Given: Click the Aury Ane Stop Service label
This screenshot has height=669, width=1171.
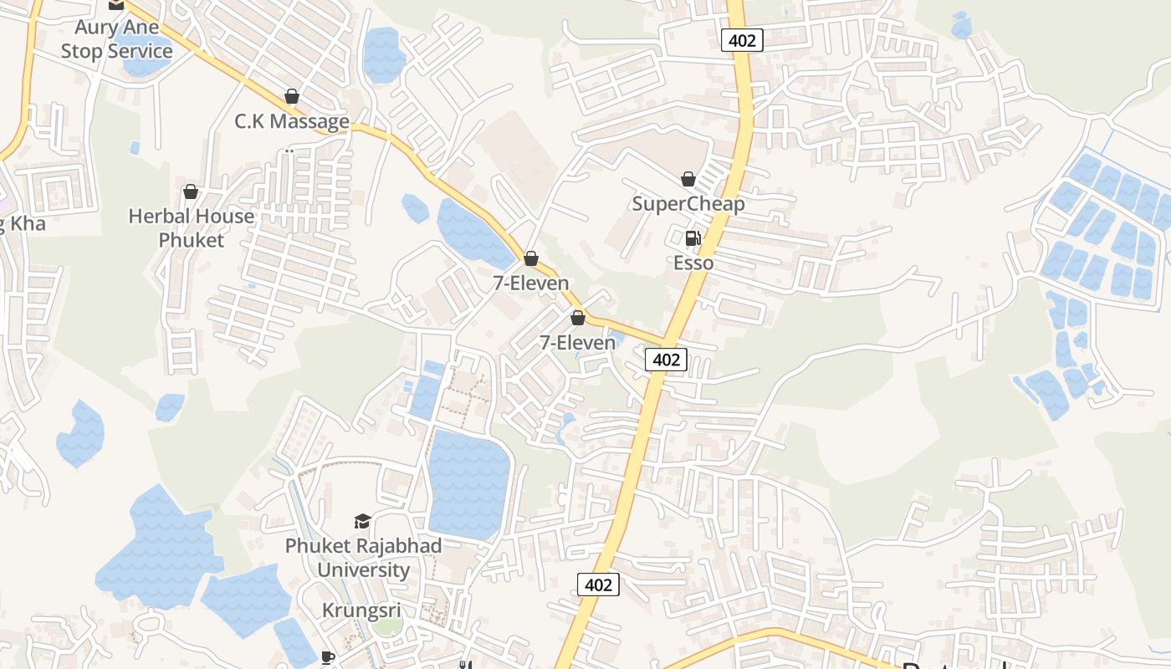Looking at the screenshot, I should (116, 38).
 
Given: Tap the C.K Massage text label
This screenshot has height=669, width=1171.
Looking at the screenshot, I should (291, 121).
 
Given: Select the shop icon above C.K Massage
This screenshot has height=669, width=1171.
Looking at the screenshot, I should (292, 96).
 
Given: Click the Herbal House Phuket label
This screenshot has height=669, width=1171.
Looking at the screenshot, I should (191, 227).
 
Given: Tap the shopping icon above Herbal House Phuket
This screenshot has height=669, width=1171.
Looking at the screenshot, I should (191, 192).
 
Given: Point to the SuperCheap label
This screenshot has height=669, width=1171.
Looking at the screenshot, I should (688, 203).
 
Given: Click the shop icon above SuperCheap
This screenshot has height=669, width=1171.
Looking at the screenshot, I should (688, 179).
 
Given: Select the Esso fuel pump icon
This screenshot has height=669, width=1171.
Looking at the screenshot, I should (693, 238).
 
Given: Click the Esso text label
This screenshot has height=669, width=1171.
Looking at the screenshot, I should (693, 263).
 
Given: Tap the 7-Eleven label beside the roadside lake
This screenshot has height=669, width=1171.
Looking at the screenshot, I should (530, 283).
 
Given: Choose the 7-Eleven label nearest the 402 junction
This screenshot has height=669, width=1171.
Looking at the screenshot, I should (577, 342).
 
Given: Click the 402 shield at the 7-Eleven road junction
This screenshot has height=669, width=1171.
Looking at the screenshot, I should (666, 360).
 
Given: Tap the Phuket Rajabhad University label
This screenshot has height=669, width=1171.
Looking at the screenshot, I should (363, 557).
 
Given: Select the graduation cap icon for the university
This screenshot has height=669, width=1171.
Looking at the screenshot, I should (362, 522).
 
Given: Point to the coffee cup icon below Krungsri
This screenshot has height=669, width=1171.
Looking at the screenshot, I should (328, 657).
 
